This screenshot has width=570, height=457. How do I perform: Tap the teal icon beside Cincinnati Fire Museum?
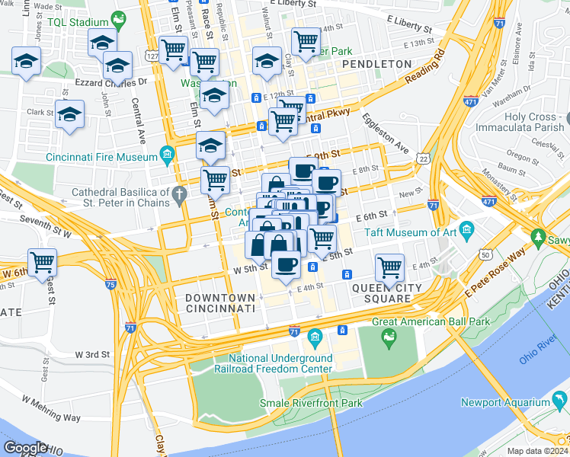(x=166, y=158)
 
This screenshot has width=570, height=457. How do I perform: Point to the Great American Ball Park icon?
(x=389, y=337)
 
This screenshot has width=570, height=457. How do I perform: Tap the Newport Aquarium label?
(x=506, y=402)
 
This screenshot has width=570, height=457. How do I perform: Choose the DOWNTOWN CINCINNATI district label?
(x=220, y=303)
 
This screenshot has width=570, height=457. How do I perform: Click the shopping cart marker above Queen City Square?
(x=389, y=268)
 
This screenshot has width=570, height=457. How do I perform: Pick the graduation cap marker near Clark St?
(x=70, y=114)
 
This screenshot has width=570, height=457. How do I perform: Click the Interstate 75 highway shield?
(x=111, y=285)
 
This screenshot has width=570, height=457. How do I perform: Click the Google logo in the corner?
(x=24, y=447)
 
